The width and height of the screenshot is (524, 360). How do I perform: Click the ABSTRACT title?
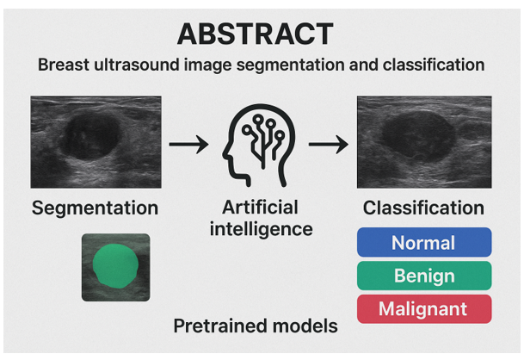pyautogui.click(x=255, y=34)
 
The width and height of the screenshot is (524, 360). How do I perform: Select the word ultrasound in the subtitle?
pyautogui.click(x=145, y=65)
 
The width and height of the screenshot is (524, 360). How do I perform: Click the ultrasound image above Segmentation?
pyautogui.click(x=96, y=142)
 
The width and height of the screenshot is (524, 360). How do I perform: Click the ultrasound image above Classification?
pyautogui.click(x=424, y=142)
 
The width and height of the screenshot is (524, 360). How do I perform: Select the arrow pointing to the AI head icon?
pyautogui.click(x=188, y=143)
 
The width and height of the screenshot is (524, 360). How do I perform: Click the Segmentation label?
pyautogui.click(x=95, y=208)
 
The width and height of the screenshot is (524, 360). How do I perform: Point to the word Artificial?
pyautogui.click(x=259, y=208)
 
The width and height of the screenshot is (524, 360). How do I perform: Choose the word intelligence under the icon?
pyautogui.click(x=259, y=229)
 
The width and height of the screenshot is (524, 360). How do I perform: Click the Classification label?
pyautogui.click(x=423, y=208)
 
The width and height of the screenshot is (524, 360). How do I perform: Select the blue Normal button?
pyautogui.click(x=423, y=242)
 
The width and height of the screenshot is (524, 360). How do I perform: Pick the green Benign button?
pyautogui.click(x=423, y=276)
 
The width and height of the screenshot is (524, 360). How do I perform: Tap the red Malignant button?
pyautogui.click(x=423, y=308)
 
